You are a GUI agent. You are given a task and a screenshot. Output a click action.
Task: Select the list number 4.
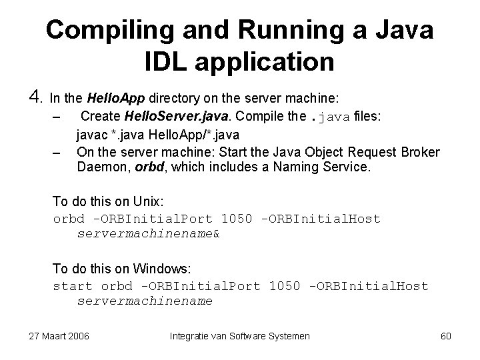click(36, 98)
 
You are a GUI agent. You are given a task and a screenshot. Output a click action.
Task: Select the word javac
click(93, 136)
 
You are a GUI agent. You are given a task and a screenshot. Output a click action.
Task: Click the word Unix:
click(146, 201)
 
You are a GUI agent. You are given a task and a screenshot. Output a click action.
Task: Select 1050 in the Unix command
click(237, 219)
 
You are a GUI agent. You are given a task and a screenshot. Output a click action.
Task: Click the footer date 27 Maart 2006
click(59, 335)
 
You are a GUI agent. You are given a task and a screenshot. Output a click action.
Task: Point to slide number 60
click(446, 335)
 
